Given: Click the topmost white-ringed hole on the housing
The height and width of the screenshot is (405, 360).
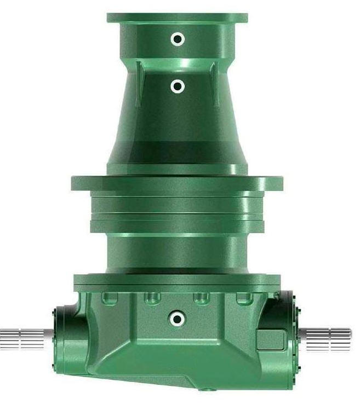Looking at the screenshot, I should point(177,39).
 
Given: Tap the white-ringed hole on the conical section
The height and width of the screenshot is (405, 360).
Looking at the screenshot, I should point(177,86).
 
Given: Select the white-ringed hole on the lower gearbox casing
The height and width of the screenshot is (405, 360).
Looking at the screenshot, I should point(176,318).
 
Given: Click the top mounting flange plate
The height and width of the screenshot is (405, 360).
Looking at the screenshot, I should point(177,18).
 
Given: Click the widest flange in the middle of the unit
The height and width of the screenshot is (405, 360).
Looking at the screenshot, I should point(176,183).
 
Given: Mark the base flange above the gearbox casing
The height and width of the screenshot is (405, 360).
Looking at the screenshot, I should point(176,282).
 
